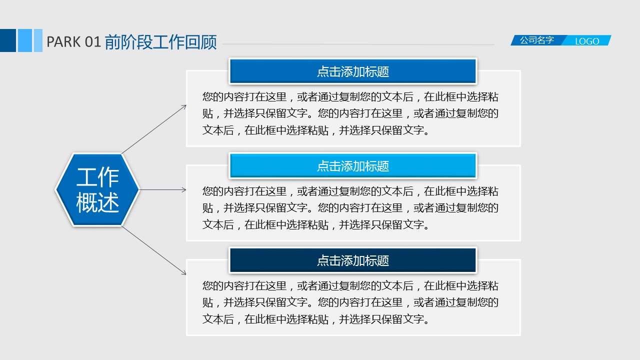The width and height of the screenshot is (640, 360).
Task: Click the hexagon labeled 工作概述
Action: [x=97, y=189]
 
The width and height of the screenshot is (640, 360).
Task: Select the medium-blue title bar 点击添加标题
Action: [x=353, y=71]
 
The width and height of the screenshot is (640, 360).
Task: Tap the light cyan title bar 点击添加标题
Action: [x=353, y=166]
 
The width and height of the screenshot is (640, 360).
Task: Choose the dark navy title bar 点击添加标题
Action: [x=353, y=260]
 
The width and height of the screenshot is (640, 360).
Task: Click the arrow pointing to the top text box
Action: [x=154, y=129]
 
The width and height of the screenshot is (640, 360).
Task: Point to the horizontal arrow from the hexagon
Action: [x=163, y=189]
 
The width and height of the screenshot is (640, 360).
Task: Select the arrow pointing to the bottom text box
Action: [x=154, y=250]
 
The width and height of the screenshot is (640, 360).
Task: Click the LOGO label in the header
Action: [x=587, y=41]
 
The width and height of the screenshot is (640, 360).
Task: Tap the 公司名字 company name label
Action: [x=537, y=40]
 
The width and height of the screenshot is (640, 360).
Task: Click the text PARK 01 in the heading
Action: [x=73, y=42]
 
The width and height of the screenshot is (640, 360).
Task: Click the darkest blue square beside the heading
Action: [x=8, y=40]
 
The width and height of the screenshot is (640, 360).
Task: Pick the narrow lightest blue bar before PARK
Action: [x=38, y=40]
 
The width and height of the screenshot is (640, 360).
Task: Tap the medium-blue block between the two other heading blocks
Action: [x=25, y=40]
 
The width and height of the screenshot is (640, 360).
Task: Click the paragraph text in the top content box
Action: [x=350, y=113]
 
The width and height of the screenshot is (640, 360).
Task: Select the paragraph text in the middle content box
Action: [x=350, y=208]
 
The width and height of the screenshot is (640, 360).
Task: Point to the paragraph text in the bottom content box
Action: [x=350, y=302]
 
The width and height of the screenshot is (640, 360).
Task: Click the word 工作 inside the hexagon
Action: [x=97, y=177]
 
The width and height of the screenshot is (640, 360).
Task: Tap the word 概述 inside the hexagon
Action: [x=97, y=202]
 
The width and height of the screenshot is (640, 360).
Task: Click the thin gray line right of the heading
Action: [x=358, y=44]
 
